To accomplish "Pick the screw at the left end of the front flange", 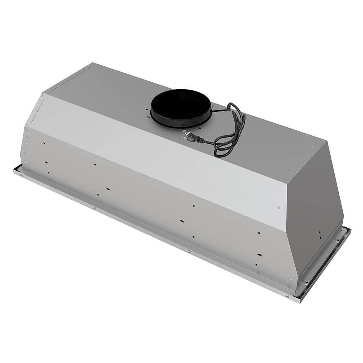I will (x=21, y=175).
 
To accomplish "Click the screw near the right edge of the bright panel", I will (x=279, y=208).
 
